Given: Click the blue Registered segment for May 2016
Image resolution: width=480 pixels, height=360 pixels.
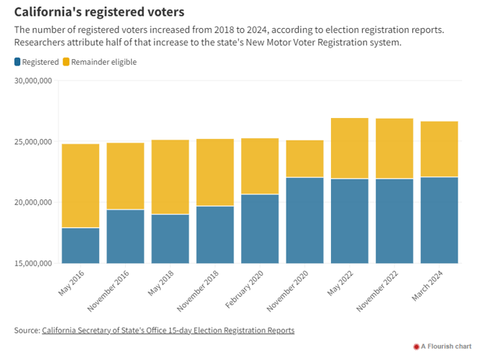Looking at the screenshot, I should [81, 246].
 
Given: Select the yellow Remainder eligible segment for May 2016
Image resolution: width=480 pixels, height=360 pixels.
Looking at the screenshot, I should [81, 186].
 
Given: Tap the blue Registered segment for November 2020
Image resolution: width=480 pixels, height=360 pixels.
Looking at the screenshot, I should [304, 220].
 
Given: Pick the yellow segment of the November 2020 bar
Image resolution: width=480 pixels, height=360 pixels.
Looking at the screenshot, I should [304, 158].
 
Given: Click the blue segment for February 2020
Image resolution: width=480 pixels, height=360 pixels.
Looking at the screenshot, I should [260, 229].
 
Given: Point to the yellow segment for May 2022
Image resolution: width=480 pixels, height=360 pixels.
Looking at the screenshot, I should [350, 148].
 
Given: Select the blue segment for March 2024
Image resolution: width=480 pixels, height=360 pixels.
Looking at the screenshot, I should [439, 220].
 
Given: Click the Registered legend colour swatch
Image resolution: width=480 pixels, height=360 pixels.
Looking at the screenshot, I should [17, 62].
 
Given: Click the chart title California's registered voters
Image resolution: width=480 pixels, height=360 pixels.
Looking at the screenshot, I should [99, 12].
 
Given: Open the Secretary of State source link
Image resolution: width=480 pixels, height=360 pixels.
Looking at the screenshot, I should [168, 330].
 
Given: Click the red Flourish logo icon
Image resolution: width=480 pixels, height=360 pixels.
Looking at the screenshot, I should [416, 347].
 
